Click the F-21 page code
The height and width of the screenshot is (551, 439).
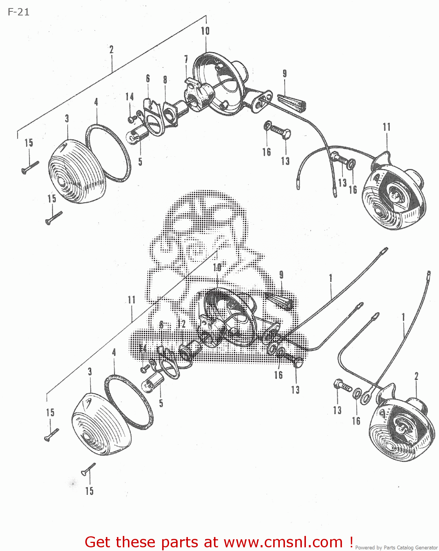(x=18, y=12)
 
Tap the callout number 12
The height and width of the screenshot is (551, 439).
(x=181, y=324)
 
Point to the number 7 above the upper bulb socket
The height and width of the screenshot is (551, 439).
(x=186, y=59)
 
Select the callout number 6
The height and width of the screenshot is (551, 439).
(x=148, y=78)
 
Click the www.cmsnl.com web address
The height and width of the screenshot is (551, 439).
(x=283, y=542)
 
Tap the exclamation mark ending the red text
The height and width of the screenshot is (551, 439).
(x=351, y=541)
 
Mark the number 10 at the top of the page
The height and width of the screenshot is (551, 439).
(x=205, y=31)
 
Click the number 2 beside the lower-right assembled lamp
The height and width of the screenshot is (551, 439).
(x=416, y=376)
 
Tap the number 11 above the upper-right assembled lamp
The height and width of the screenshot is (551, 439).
(x=386, y=127)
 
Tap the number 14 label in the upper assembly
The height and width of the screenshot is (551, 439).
(x=129, y=97)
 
